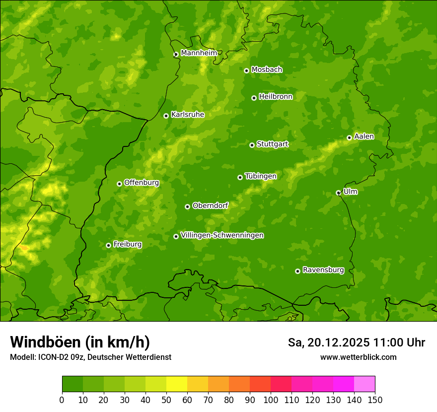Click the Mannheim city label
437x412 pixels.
click(199, 53)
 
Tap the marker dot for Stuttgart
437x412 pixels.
click(252, 145)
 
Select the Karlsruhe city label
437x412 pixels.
click(187, 115)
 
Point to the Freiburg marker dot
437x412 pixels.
click(108, 245)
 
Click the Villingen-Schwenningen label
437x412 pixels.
click(222, 235)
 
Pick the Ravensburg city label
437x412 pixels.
click(323, 270)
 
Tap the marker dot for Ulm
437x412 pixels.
click(338, 193)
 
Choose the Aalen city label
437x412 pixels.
click(364, 137)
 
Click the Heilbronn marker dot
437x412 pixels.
click(254, 98)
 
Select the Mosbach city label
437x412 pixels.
click(266, 70)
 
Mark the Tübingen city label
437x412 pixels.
click(260, 176)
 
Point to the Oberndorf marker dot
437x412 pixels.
click(187, 206)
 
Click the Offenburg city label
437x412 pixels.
click(141, 183)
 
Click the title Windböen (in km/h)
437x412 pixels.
click(79, 342)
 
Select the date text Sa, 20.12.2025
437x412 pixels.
click(329, 343)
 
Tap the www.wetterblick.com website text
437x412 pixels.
click(358, 357)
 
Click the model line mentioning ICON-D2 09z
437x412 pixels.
click(90, 357)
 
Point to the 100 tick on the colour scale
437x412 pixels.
click(270, 400)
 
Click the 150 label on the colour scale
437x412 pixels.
click(374, 400)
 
